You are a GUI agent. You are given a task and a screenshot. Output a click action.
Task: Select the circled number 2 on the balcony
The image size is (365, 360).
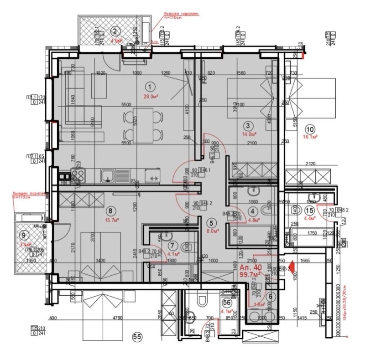[x=115, y=31]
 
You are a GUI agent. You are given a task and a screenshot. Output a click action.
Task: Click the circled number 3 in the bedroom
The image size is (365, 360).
[x=247, y=125]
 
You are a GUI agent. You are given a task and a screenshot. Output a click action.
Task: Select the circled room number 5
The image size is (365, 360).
[x=211, y=223]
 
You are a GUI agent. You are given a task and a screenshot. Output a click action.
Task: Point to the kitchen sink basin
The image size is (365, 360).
[x=107, y=174]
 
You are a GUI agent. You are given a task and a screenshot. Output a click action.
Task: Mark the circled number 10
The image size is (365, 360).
[x=310, y=128]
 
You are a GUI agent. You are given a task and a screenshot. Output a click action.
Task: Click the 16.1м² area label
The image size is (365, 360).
[x=310, y=136]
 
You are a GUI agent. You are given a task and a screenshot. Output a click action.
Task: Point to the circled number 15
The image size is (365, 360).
[x=309, y=210]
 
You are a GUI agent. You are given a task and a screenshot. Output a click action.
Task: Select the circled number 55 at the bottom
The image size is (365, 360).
[x=136, y=337]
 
